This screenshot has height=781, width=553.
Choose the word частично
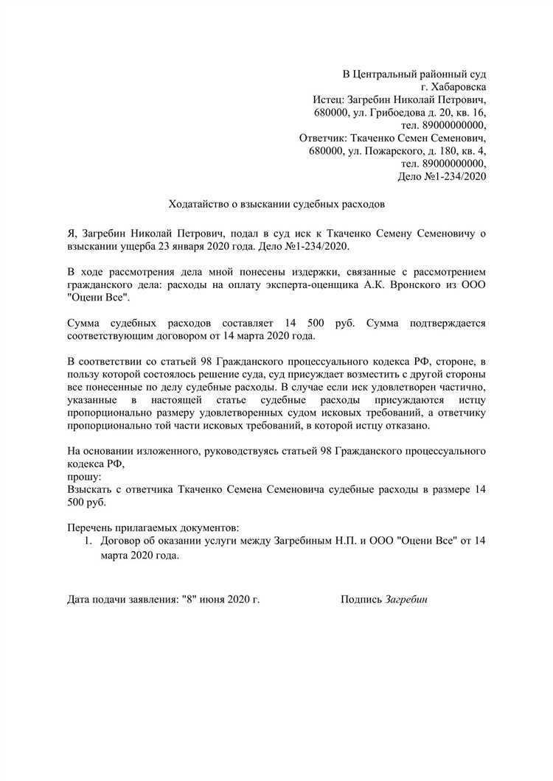(x=462, y=386)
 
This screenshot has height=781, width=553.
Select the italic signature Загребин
(x=406, y=599)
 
